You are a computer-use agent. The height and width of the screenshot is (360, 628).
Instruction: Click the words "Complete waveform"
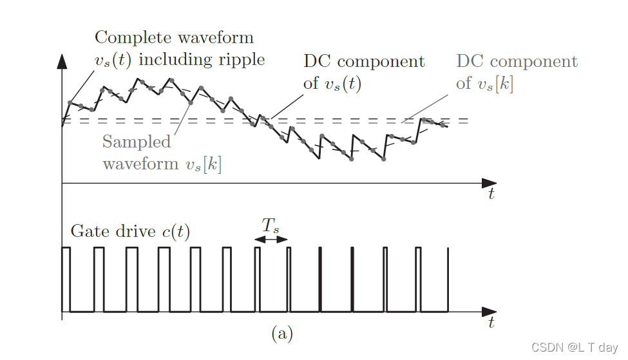point(174,37)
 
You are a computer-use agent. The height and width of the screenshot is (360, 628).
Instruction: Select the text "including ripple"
point(202,60)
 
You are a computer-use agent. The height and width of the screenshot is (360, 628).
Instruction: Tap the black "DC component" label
point(364,62)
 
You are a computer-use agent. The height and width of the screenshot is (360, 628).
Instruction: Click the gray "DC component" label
point(517,62)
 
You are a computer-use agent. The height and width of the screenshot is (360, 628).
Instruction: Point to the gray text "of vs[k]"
point(484,84)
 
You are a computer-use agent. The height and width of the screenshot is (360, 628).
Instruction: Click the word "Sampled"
point(137,142)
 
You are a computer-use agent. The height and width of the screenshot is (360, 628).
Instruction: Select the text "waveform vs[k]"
point(162,164)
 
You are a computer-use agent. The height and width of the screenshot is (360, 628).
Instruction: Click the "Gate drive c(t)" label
point(130,231)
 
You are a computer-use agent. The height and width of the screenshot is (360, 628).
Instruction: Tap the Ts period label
point(271,225)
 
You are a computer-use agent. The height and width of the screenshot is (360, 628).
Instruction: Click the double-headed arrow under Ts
point(271,240)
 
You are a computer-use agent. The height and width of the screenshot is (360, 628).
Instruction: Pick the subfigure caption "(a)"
point(282,333)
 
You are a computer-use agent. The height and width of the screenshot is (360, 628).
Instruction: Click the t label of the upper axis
point(491,194)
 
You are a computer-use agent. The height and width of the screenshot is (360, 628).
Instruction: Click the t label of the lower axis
point(491,321)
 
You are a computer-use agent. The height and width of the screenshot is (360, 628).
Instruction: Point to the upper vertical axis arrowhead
point(62,61)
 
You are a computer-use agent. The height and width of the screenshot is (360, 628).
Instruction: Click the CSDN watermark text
point(575,347)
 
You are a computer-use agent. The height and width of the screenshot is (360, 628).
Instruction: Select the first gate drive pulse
point(66,279)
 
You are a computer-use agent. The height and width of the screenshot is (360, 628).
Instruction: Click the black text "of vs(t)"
point(332,84)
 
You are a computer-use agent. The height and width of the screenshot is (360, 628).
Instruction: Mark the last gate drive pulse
point(447,279)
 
